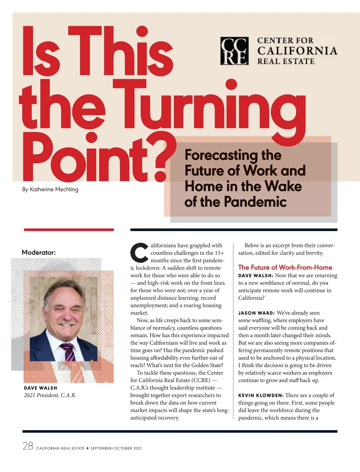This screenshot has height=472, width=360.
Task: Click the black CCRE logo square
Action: tap(234, 51)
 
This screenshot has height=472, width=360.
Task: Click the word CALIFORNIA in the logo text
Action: tap(297, 51)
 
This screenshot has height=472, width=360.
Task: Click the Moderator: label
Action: tap(39, 252)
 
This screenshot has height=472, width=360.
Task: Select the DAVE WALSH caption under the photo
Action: tap(40, 388)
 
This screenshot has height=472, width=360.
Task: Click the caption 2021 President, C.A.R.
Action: tap(50, 395)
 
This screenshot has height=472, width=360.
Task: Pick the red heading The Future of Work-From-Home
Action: tap(285, 267)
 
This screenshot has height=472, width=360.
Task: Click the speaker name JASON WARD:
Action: tap(256, 313)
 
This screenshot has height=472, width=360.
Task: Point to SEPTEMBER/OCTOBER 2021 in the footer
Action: tap(116, 448)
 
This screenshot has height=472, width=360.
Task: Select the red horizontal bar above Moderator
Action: tap(69, 230)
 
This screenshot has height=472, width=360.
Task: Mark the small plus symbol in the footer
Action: tap(87, 448)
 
